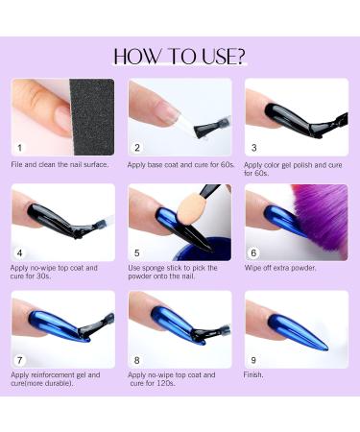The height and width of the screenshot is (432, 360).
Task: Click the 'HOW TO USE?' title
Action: [180, 57]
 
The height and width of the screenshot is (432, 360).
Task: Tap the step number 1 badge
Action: [20, 148]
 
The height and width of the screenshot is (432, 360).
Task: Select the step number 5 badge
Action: [137, 253]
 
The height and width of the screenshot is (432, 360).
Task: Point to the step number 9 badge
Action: [253, 360]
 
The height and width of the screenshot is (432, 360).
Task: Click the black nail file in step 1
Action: [92, 117]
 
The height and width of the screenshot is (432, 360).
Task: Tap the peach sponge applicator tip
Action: [190, 210]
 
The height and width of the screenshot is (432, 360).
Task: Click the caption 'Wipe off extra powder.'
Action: [280, 268]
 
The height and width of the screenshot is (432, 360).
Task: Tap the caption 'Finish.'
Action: [253, 374]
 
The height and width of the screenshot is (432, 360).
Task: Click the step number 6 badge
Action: [253, 253]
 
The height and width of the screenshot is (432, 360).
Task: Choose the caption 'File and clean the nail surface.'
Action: [60, 164]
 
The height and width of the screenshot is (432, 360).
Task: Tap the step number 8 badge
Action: [137, 360]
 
